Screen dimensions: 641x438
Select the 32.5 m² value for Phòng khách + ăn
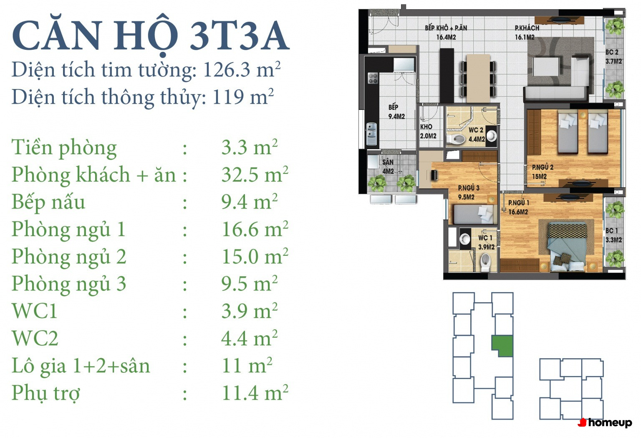tap(255, 174)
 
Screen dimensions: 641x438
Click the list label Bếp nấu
tap(48, 202)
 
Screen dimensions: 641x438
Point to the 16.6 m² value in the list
tap(255, 229)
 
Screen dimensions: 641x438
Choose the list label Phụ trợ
tap(46, 394)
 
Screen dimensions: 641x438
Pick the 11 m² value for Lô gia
tap(247, 366)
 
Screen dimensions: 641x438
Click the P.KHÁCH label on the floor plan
tap(527, 28)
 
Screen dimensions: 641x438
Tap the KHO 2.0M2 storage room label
tap(428, 131)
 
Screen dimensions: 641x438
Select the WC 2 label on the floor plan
tap(476, 130)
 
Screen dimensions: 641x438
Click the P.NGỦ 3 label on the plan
tap(469, 188)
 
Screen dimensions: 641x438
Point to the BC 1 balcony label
tap(612, 230)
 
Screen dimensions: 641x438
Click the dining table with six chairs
tap(478, 78)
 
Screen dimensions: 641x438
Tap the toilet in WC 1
tap(486, 263)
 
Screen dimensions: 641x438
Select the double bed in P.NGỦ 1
tap(566, 247)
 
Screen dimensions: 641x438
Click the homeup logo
tap(605, 423)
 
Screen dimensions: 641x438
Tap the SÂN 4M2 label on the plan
tap(388, 166)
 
